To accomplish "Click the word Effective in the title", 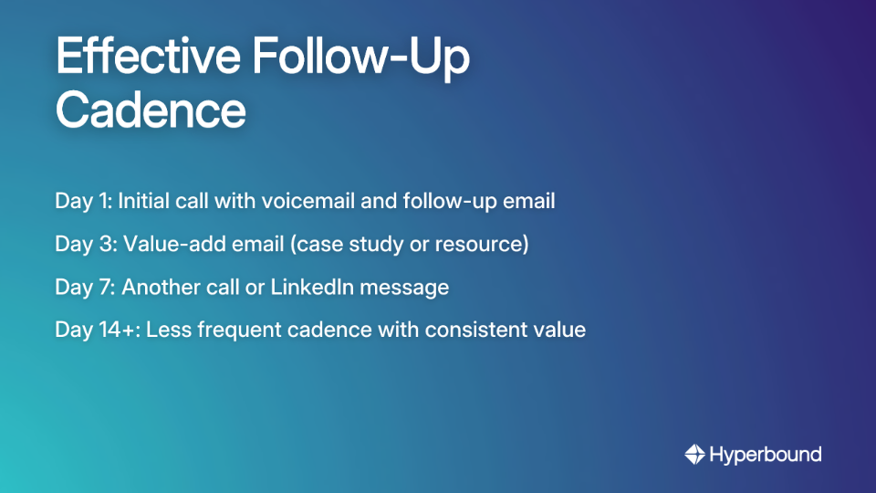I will tap(147, 58).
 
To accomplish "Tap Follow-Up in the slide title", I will tap(360, 58).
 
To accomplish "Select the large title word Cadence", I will tap(151, 110).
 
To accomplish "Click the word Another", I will tap(161, 287).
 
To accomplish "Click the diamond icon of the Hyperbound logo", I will tap(695, 454).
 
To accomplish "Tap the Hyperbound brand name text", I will tap(766, 454).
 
